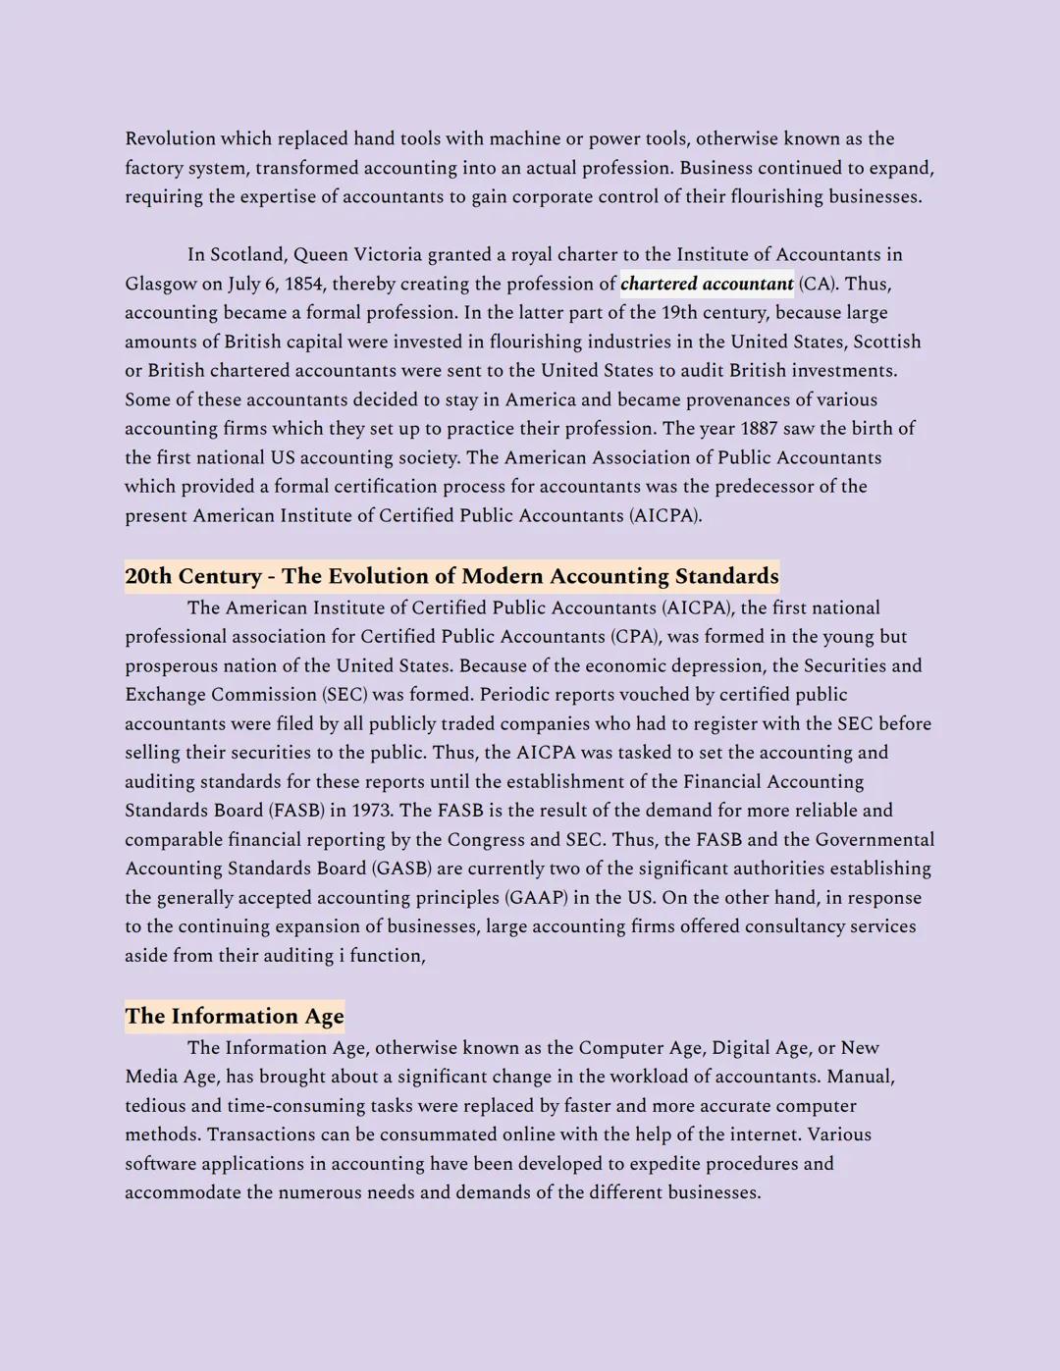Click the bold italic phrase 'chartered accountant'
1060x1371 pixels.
(707, 285)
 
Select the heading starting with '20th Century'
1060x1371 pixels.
(451, 576)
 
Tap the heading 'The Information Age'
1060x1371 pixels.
(235, 1016)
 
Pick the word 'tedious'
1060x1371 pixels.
(155, 1106)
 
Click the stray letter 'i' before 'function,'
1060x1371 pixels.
(342, 956)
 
